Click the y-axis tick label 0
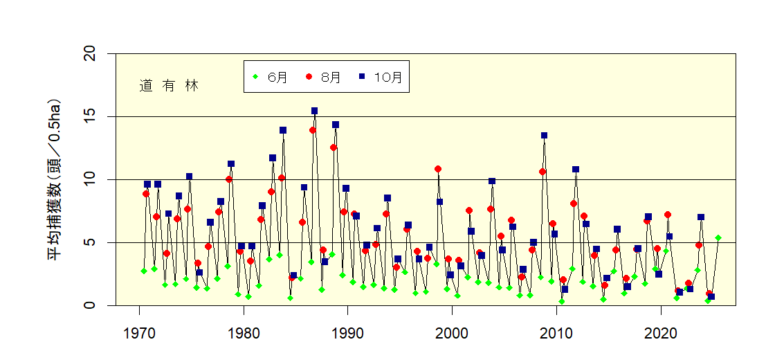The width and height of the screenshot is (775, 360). pos(92,305)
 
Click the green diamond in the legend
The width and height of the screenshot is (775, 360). pos(256,77)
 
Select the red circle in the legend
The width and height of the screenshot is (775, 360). pos(309,77)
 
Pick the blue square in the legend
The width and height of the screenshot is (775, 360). pos(362,77)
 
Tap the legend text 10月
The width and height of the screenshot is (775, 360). pos(387,77)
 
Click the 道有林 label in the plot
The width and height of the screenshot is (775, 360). pos(169,86)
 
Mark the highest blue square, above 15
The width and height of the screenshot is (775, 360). pos(314,111)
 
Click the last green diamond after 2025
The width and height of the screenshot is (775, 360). pos(718,237)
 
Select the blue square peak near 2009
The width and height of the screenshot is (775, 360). pos(544,136)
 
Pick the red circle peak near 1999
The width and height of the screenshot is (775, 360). pos(438,169)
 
